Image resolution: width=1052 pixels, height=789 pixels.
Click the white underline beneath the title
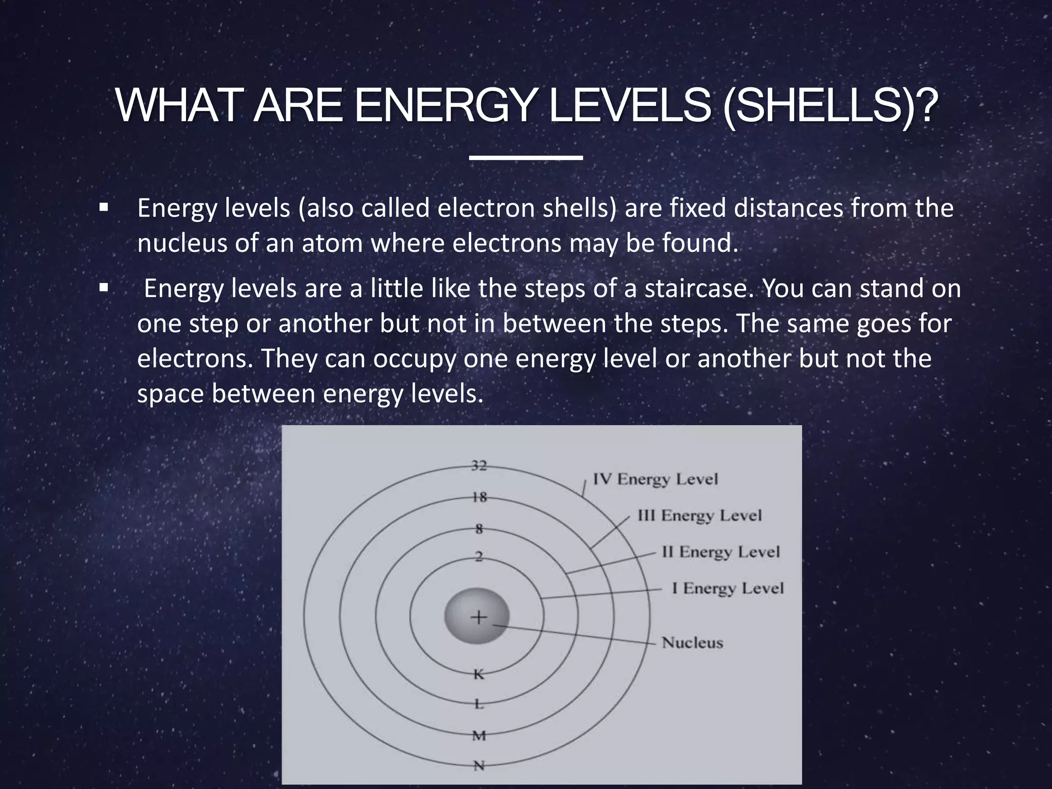[x=525, y=158]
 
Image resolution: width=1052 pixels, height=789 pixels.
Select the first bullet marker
[x=104, y=208]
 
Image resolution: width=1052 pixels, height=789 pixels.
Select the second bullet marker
[x=104, y=288]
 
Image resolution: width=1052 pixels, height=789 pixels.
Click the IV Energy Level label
[x=655, y=479]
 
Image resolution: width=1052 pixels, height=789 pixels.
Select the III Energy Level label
[x=699, y=515]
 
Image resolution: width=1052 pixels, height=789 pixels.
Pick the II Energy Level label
[x=721, y=552]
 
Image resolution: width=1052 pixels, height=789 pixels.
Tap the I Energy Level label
[x=728, y=588]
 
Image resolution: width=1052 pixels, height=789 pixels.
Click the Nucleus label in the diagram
[x=692, y=643]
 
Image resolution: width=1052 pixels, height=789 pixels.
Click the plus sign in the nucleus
[x=478, y=617]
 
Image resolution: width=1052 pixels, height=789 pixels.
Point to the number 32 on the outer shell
[x=479, y=466]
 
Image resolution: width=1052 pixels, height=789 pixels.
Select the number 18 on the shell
[x=479, y=497]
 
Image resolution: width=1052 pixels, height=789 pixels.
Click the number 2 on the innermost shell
[x=479, y=556]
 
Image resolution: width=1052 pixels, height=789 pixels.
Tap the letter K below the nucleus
[x=479, y=674]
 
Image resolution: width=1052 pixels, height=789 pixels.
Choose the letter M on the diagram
[x=479, y=736]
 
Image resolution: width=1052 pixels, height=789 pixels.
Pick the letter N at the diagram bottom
[x=479, y=765]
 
